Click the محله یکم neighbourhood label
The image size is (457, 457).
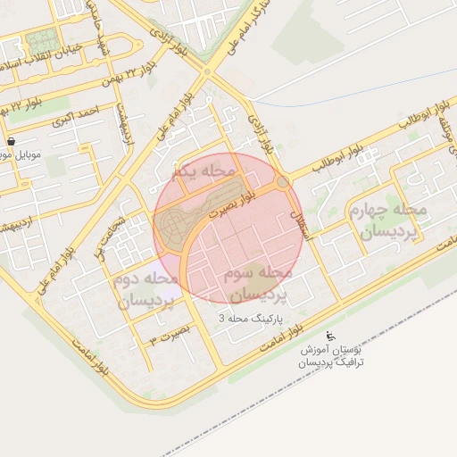206,170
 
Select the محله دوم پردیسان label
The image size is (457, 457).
147,290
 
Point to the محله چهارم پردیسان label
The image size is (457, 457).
394,220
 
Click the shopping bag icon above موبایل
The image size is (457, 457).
10,141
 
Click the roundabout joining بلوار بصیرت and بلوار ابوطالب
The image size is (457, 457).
283,182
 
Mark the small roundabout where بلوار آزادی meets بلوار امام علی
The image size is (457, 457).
207,71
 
